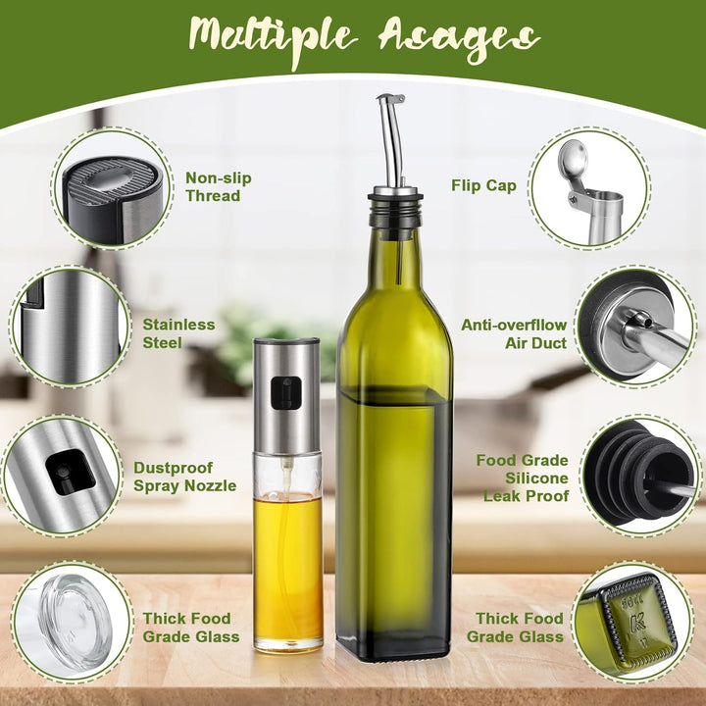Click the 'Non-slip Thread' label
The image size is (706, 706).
(218, 186)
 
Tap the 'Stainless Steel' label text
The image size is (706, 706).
(178, 333)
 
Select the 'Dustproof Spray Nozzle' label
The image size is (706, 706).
(184, 477)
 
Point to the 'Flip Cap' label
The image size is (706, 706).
(484, 185)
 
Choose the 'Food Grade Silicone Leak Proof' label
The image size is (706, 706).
(524, 478)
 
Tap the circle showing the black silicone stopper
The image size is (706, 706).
(636, 477)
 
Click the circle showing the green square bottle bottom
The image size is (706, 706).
(632, 622)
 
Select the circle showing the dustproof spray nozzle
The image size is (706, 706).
(65, 477)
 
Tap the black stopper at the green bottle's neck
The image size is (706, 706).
(395, 208)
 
